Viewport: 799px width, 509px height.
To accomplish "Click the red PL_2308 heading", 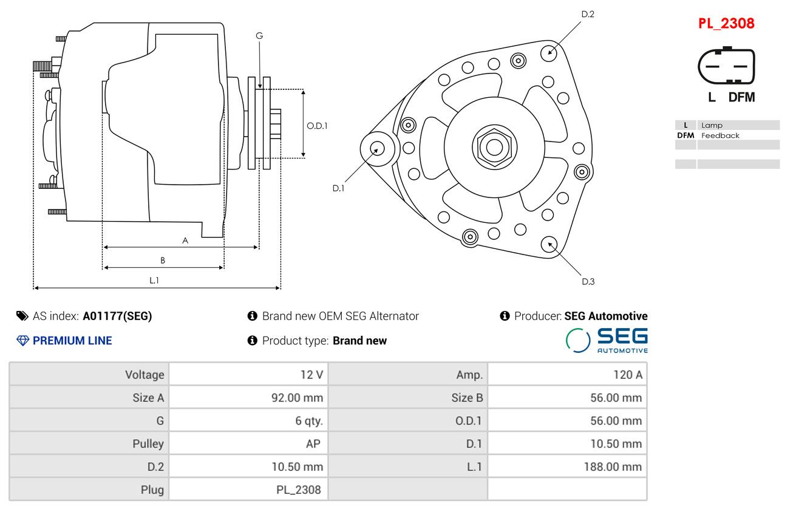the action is pyautogui.click(x=726, y=24).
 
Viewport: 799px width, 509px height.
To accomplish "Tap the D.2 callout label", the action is pyautogui.click(x=588, y=15).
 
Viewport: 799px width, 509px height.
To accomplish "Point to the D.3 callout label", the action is pyautogui.click(x=588, y=282).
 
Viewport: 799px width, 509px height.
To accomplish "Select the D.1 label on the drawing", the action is pyautogui.click(x=338, y=188).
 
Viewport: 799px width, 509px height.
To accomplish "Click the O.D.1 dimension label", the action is pyautogui.click(x=317, y=126).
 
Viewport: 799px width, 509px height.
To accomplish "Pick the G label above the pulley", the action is pyautogui.click(x=259, y=36).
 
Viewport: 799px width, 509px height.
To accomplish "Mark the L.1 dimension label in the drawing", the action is pyautogui.click(x=154, y=281).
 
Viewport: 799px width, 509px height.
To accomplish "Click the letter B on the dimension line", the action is pyautogui.click(x=163, y=261).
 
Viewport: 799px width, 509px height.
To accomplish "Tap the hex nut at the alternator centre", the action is pyautogui.click(x=494, y=147).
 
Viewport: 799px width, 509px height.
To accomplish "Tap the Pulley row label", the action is pyautogui.click(x=148, y=444).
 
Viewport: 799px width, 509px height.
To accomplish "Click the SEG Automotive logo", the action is pyautogui.click(x=607, y=341).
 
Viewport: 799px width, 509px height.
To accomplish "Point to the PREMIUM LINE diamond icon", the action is pyautogui.click(x=23, y=341).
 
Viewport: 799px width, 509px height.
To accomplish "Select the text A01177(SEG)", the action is pyautogui.click(x=117, y=316).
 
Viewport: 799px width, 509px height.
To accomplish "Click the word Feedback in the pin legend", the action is pyautogui.click(x=720, y=135).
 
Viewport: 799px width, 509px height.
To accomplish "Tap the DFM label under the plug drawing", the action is pyautogui.click(x=741, y=97).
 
